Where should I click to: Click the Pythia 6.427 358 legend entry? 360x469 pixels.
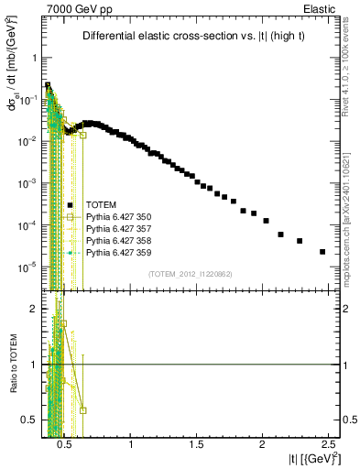pos(118,240)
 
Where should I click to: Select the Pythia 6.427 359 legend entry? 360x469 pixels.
pos(118,252)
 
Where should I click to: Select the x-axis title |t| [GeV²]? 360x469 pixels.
pos(311,458)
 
